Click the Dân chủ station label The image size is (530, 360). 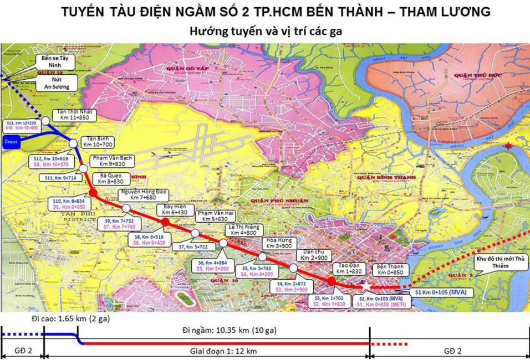click(x=312, y=255)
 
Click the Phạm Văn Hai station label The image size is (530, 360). click(x=214, y=215)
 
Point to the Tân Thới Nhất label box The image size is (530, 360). click(x=77, y=115)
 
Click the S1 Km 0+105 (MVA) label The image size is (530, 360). click(x=442, y=291)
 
